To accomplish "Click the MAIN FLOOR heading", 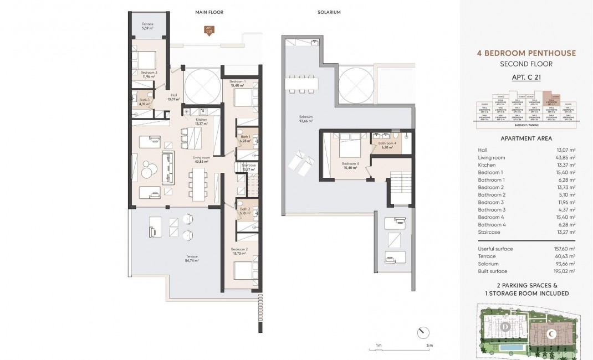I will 208,12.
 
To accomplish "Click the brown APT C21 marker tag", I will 209,30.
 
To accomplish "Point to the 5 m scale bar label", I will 430,346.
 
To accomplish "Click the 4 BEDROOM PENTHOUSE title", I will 526,53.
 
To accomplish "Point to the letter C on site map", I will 551,334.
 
